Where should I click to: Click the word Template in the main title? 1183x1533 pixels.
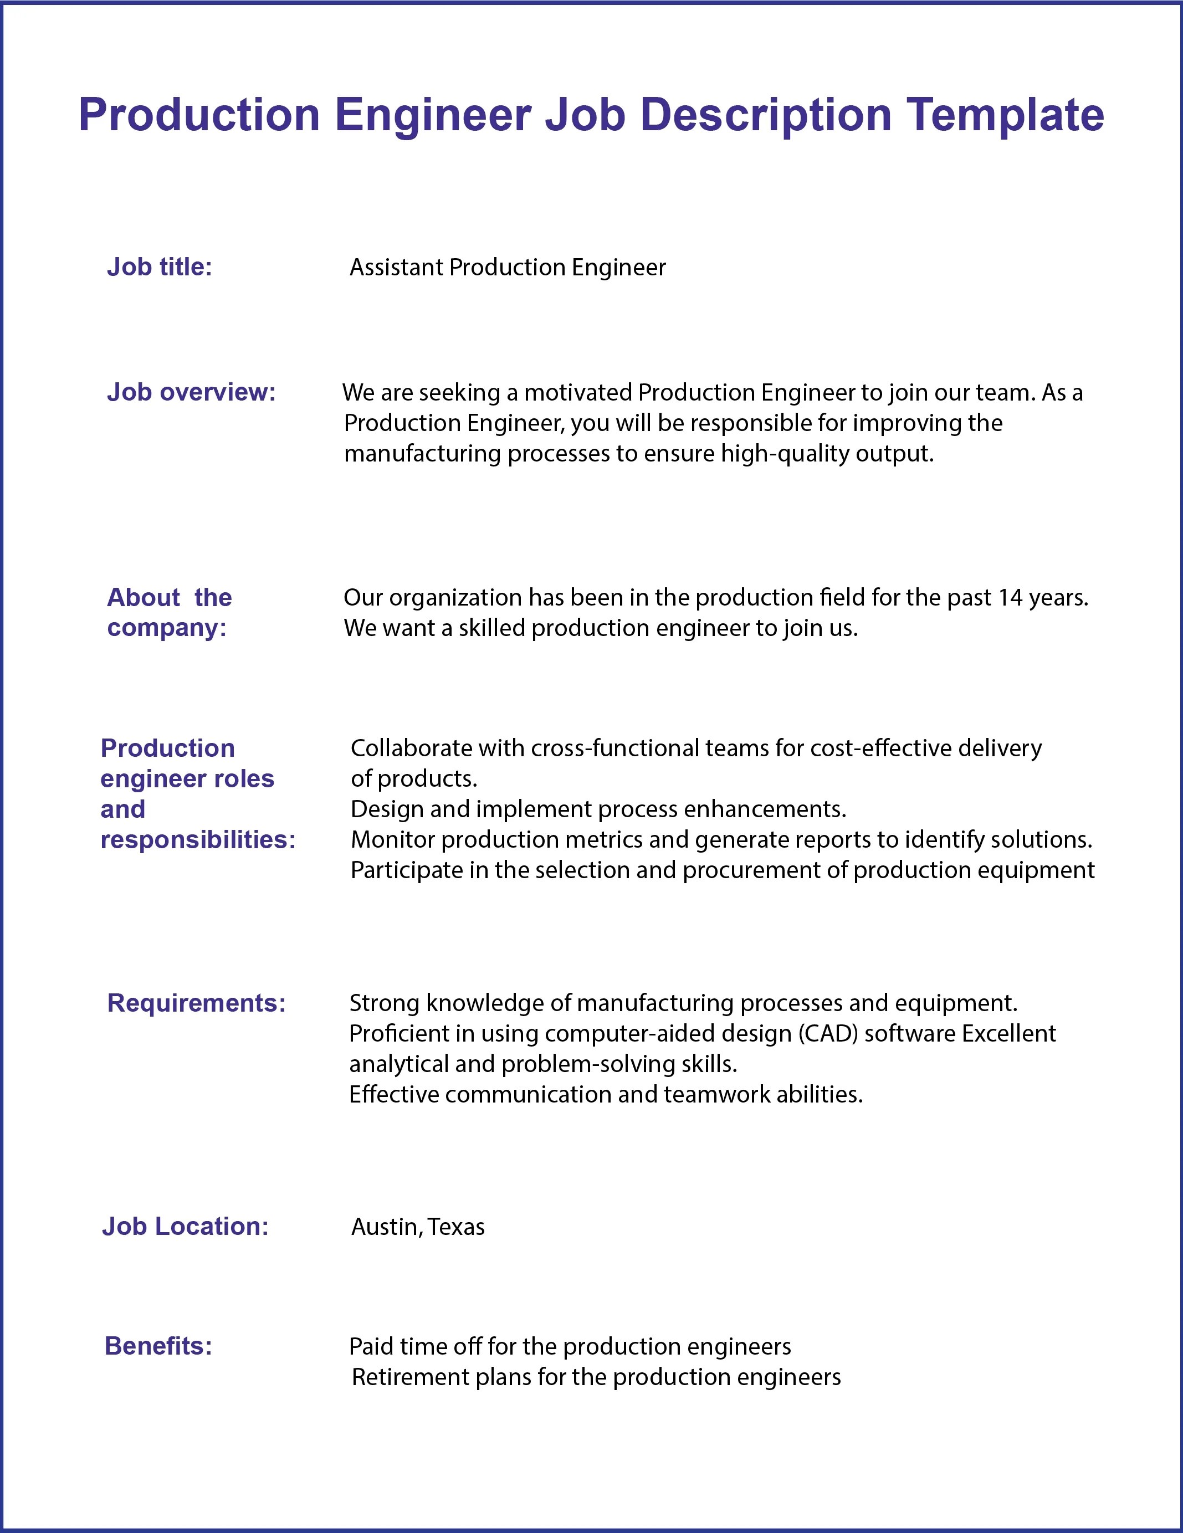[1005, 116]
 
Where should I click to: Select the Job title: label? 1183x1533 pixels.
[160, 268]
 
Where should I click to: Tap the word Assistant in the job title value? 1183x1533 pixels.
[397, 268]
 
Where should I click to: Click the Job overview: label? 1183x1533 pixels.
[191, 392]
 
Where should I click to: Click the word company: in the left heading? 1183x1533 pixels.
[166, 628]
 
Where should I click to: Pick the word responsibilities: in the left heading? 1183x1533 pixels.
[198, 839]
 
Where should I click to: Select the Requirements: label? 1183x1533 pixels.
[197, 1003]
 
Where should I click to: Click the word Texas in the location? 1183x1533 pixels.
[457, 1227]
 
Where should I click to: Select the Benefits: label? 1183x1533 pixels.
[158, 1346]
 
